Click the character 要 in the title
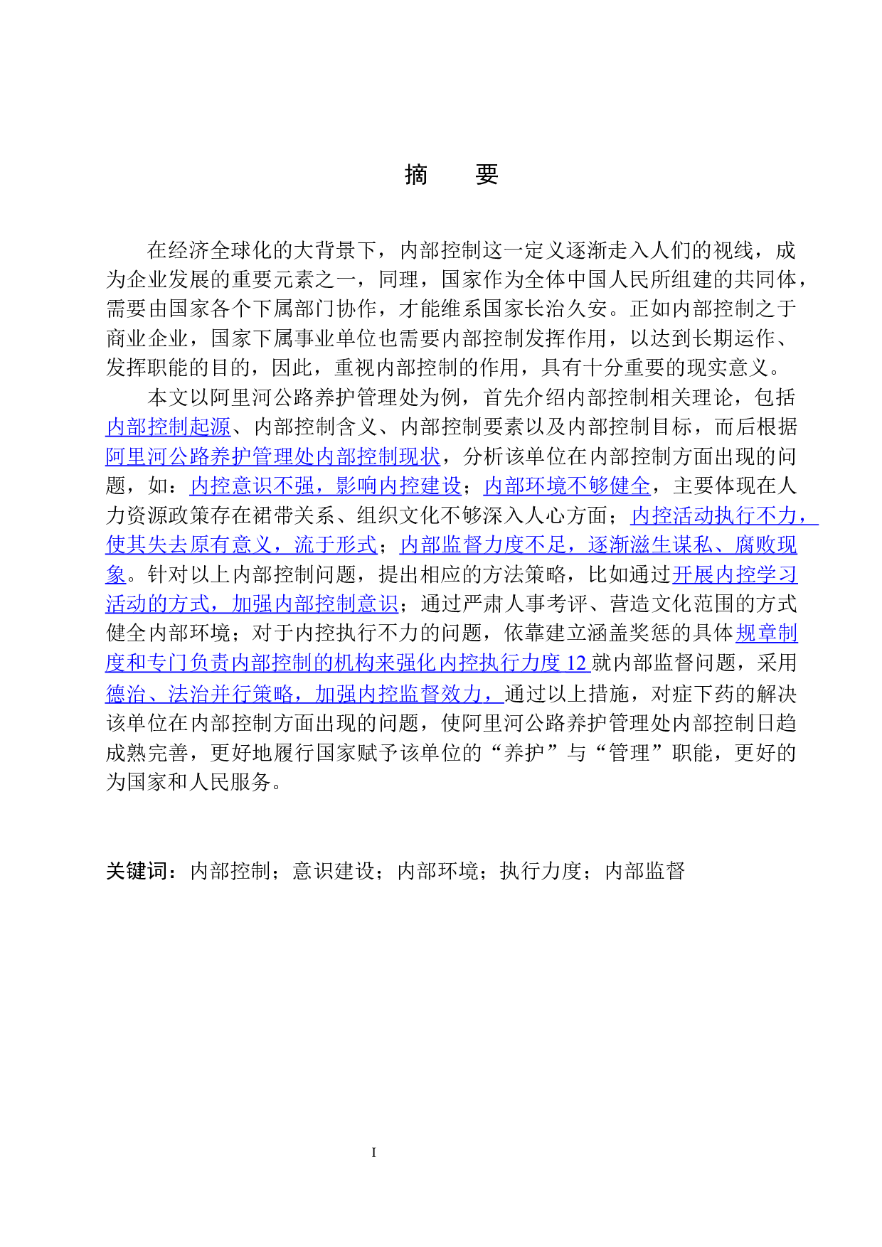point(487,174)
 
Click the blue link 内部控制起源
point(168,427)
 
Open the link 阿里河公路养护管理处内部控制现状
point(273,456)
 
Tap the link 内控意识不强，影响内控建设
point(326,486)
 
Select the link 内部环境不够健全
point(567,486)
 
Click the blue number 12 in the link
point(576,663)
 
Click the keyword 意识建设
point(333,871)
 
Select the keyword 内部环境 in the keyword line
point(437,871)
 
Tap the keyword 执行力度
point(541,871)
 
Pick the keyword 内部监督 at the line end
point(645,871)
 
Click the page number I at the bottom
point(373,1152)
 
